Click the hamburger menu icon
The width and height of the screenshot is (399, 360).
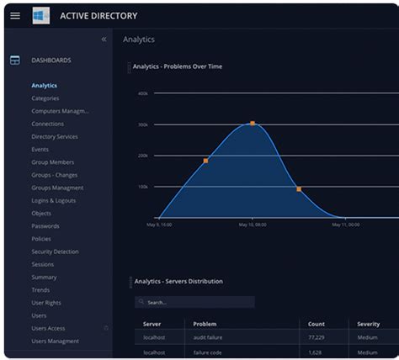click(x=15, y=15)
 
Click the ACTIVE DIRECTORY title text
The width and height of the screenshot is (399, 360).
click(x=98, y=16)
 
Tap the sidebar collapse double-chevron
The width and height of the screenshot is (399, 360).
click(x=104, y=39)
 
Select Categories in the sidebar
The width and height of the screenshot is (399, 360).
click(x=45, y=98)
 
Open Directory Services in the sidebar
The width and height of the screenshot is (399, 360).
click(x=55, y=136)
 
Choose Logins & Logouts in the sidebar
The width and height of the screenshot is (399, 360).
click(x=54, y=200)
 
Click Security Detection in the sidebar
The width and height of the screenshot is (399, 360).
click(x=56, y=251)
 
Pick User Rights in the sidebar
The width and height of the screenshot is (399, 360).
click(x=45, y=303)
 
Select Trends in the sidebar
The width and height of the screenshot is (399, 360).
click(x=40, y=290)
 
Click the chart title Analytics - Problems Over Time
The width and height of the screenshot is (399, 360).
click(x=178, y=66)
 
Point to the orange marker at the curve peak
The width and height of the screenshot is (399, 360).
click(x=252, y=124)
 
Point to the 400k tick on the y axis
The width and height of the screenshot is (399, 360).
click(x=143, y=93)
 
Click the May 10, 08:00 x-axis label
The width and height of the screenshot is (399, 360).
click(x=252, y=225)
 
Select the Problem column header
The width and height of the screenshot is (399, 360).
click(x=205, y=324)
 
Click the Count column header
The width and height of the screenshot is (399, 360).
click(x=317, y=324)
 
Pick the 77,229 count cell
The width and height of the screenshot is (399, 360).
click(x=317, y=337)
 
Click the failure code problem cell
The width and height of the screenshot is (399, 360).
click(x=209, y=352)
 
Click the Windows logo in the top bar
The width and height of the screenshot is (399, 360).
click(x=40, y=15)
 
